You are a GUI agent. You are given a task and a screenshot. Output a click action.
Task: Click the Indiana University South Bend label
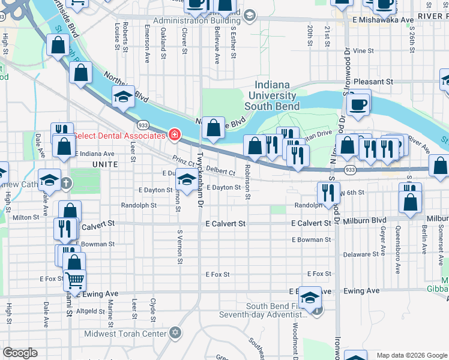click(x=276, y=95)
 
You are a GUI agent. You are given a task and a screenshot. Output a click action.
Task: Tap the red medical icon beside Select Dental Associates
click(x=174, y=134)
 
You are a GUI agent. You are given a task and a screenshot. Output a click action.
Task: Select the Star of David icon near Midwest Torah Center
click(x=175, y=332)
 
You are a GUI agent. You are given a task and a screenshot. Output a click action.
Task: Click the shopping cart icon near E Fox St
click(x=74, y=279)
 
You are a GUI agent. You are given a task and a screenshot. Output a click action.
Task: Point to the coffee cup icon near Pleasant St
click(x=359, y=103)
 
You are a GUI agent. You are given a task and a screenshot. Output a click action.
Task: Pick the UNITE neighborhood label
click(x=105, y=164)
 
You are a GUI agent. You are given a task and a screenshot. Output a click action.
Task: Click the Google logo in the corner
click(x=20, y=353)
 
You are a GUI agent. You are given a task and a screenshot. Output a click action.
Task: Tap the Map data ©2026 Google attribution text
click(x=412, y=355)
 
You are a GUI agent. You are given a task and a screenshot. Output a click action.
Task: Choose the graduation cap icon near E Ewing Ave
click(x=310, y=297)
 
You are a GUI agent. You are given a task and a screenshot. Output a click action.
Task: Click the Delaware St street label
click(x=361, y=254)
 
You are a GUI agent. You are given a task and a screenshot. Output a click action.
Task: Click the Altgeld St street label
click(x=91, y=311)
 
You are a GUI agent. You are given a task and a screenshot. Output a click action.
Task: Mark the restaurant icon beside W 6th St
click(x=328, y=193)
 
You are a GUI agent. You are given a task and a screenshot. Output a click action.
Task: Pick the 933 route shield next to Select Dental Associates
click(x=143, y=124)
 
